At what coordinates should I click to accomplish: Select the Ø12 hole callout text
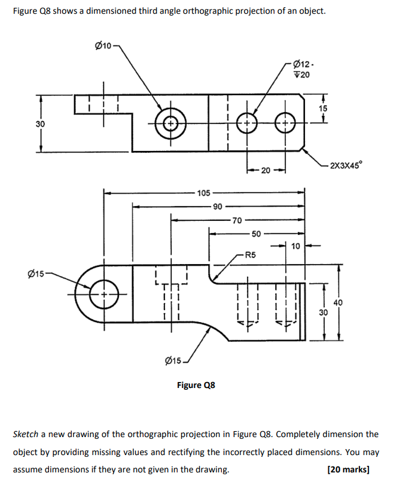pos(304,65)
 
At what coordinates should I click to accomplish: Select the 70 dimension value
pos(237,220)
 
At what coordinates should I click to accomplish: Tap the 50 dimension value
pos(256,234)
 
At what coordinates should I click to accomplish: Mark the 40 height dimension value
pos(338,303)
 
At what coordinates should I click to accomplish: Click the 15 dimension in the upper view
pos(323,108)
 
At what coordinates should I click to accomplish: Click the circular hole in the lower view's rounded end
pos(103,295)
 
